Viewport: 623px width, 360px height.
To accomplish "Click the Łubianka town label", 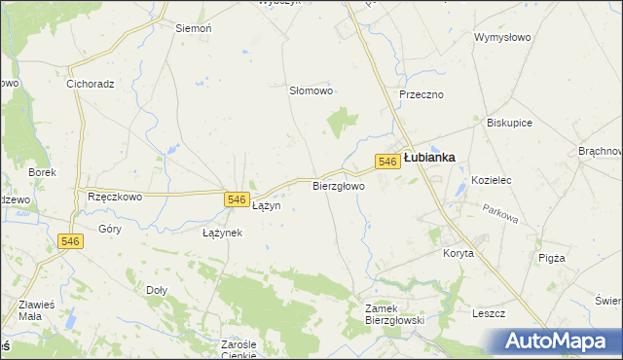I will [429, 157].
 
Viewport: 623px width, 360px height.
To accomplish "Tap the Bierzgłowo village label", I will [339, 185].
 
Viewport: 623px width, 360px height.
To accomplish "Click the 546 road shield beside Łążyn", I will [235, 199].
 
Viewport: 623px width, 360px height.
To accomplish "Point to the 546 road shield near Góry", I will [69, 242].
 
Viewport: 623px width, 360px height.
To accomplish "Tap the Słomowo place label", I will [311, 90].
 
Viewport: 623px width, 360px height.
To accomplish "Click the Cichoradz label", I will [91, 84].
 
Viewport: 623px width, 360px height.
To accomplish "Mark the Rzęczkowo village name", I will [115, 196].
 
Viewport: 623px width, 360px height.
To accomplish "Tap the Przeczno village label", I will [421, 94].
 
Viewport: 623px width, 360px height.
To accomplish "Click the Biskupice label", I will [510, 124].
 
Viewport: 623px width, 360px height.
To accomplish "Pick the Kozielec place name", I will [492, 181].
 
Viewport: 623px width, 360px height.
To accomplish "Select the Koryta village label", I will [458, 253].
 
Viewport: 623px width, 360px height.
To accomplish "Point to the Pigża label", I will [551, 258].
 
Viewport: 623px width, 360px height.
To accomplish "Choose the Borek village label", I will [43, 172].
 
